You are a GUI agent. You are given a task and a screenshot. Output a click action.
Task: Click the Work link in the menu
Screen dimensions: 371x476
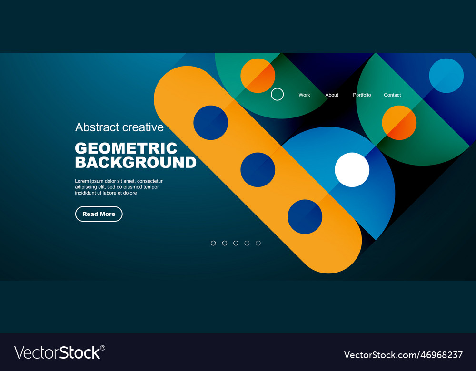point(304,95)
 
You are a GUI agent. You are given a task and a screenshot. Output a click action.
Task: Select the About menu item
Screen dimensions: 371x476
point(332,95)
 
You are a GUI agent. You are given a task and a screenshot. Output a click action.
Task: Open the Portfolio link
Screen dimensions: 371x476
point(362,95)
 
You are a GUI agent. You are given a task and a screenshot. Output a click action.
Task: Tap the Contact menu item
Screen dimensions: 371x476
point(392,95)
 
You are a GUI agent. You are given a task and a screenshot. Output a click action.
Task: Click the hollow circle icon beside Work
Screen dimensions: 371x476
point(277,94)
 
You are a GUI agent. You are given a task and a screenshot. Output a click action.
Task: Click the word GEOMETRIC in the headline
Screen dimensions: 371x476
point(126,148)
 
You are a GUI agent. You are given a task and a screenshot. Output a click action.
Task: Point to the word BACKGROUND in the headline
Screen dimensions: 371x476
point(136,163)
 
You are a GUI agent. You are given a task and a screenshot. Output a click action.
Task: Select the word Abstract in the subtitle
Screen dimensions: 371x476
point(97,127)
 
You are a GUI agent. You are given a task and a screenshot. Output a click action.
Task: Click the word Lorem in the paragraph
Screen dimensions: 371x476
point(82,181)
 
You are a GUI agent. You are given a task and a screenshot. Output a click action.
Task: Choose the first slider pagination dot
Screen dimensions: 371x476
point(213,243)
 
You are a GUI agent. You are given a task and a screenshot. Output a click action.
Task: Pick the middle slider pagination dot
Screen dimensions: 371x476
point(236,243)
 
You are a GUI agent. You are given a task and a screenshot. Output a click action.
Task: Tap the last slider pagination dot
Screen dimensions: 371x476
point(258,243)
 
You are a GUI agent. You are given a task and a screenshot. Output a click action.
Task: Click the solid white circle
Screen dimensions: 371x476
point(352,170)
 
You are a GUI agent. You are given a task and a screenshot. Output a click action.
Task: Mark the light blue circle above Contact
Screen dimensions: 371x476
point(446,76)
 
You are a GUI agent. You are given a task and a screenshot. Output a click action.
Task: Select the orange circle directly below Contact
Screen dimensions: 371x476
point(399,123)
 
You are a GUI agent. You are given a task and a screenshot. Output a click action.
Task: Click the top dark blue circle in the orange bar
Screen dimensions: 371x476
point(210,123)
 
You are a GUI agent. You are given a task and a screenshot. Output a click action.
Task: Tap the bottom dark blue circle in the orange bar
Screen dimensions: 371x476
point(305,217)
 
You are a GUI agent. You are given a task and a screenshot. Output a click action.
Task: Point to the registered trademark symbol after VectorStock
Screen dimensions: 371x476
point(103,348)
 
